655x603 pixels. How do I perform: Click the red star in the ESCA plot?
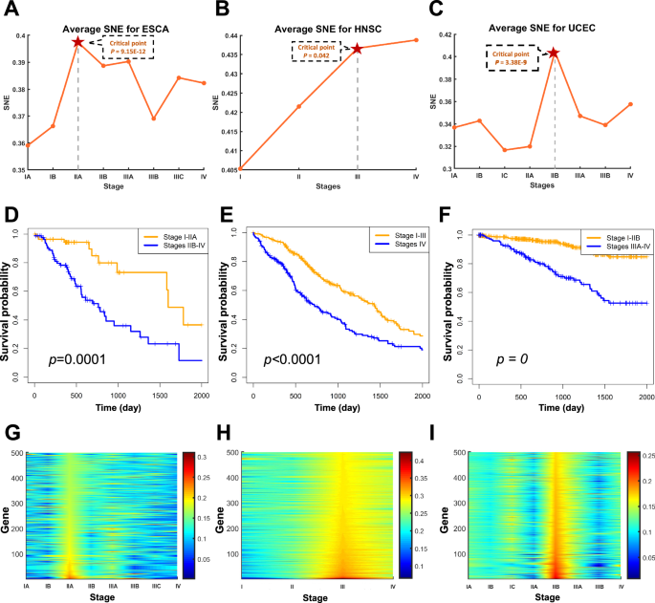[77, 41]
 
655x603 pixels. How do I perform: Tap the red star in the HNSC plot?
[358, 48]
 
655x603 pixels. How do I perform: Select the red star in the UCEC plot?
[554, 53]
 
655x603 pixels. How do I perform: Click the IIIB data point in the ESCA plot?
[154, 118]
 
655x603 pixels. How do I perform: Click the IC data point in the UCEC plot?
[504, 150]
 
